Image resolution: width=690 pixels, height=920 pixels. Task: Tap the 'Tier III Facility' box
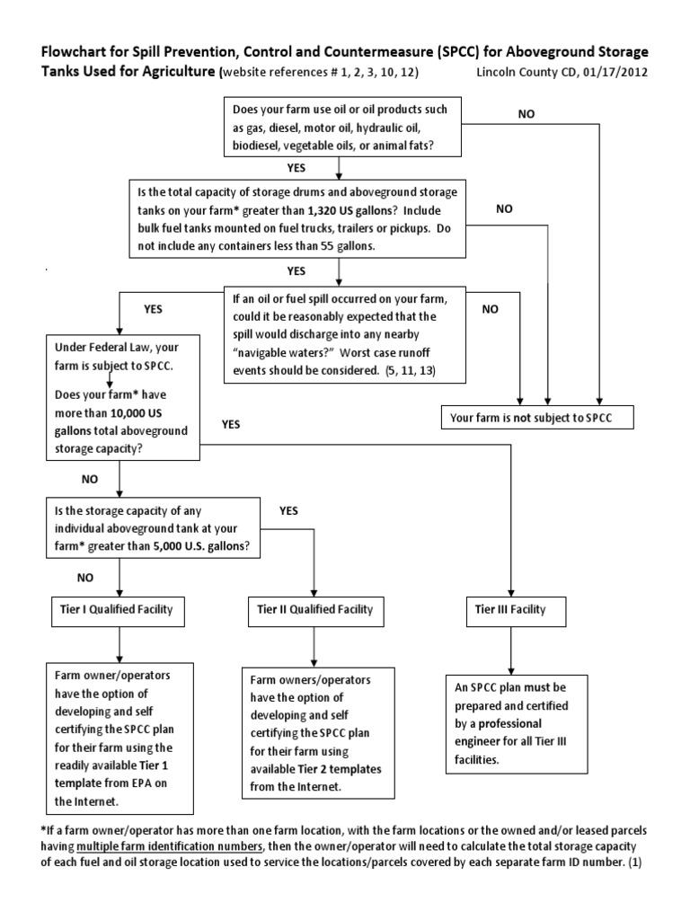click(x=509, y=611)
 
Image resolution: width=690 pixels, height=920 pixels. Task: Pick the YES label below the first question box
click(x=296, y=167)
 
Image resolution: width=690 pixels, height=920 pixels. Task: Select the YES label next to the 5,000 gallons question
click(x=288, y=511)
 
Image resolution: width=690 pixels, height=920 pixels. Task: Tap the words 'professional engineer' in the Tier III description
click(x=515, y=731)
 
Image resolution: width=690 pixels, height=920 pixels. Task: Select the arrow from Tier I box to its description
click(x=120, y=644)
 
